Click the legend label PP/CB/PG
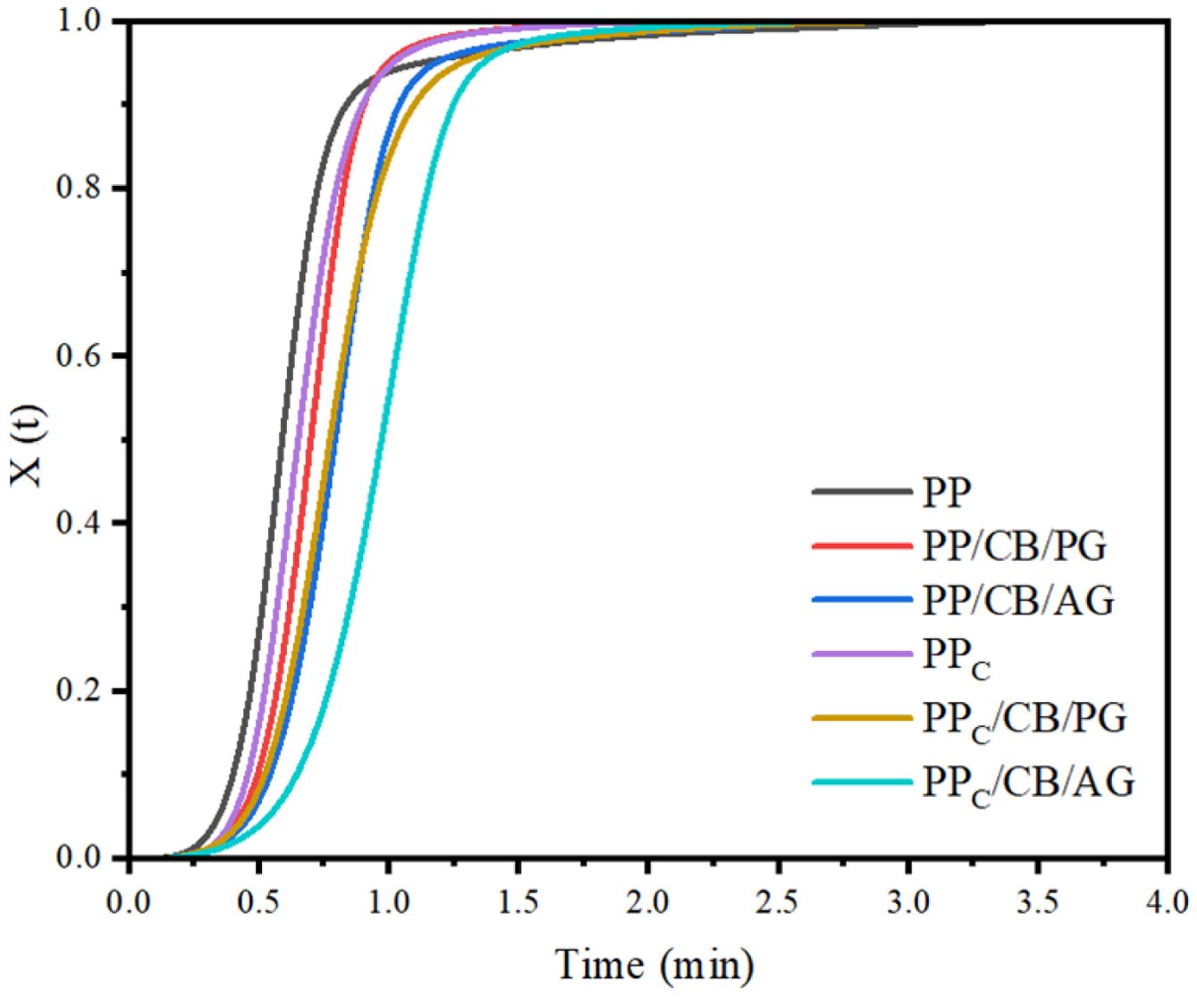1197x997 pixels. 1014,545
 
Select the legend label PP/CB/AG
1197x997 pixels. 1018,601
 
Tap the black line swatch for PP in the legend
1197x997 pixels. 862,491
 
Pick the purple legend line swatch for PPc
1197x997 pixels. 862,655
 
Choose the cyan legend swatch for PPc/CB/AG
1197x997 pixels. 862,782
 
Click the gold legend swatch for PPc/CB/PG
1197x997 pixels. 862,718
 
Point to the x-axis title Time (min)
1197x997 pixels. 654,966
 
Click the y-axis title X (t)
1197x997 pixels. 30,443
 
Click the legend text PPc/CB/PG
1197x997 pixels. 1024,719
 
